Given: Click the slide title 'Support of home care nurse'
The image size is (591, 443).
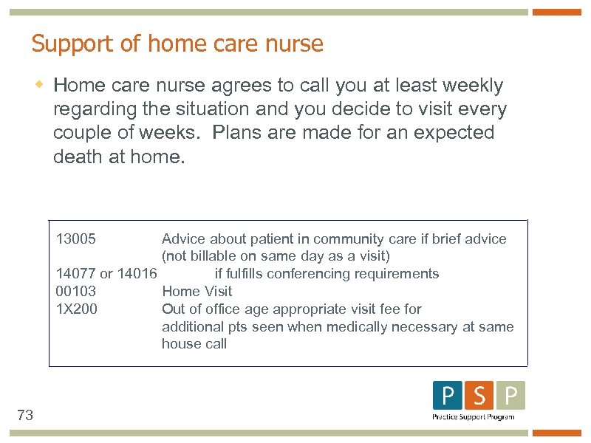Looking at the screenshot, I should (x=177, y=44).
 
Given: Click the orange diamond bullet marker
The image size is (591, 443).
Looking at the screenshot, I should (x=41, y=86).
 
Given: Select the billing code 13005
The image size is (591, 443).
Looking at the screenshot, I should (x=75, y=239).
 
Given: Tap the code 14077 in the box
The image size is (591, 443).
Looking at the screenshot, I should (x=75, y=274).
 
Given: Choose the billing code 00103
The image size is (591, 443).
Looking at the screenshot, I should (x=75, y=292).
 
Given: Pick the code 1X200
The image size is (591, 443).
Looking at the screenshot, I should (x=77, y=309).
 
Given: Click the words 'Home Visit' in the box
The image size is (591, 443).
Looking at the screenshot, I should (x=197, y=292).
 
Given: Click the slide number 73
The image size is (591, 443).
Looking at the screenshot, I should (x=25, y=416).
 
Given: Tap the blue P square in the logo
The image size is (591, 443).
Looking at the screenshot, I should (x=447, y=396).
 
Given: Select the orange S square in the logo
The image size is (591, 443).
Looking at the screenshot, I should (x=479, y=396).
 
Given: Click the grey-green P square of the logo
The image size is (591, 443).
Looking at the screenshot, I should (x=510, y=396).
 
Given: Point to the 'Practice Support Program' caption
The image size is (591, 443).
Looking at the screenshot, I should (x=474, y=417).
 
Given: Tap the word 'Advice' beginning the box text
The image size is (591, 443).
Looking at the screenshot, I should (x=184, y=239).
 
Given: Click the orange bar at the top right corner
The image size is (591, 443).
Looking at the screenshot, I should (x=557, y=12).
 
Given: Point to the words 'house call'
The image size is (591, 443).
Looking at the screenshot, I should (x=194, y=344).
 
